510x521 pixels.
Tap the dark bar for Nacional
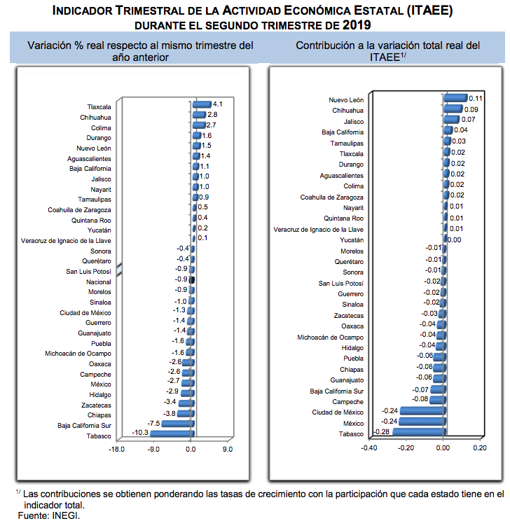click(x=191, y=279)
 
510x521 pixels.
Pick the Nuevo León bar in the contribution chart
click(x=455, y=98)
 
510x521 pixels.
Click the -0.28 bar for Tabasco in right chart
click(x=418, y=432)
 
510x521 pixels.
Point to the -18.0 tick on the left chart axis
click(x=116, y=450)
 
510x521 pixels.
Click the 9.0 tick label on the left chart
click(x=227, y=450)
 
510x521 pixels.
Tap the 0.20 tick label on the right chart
click(x=480, y=448)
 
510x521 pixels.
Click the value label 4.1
click(x=217, y=104)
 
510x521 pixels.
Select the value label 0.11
click(x=476, y=98)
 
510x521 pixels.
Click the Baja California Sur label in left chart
click(x=84, y=425)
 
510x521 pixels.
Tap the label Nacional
click(x=98, y=280)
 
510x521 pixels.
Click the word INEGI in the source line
click(x=67, y=516)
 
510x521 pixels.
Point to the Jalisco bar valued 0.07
click(x=451, y=119)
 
